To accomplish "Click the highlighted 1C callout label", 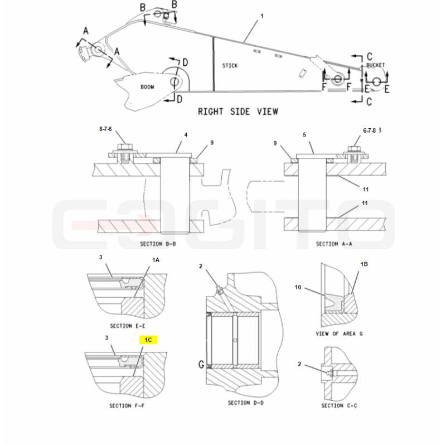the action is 148,340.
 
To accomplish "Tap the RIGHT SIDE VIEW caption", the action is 238,111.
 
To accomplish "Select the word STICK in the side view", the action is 230,66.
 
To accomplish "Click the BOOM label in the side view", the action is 147,87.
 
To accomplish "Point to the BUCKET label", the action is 375,65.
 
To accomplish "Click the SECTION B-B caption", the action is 158,244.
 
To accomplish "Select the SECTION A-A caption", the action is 334,244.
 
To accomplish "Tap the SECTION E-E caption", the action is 128,326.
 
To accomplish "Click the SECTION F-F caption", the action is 127,406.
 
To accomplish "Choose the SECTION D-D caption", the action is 246,403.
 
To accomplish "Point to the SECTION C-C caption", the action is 339,406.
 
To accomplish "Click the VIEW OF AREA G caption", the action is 340,333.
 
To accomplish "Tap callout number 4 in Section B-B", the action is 186,134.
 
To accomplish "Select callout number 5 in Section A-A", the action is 304,134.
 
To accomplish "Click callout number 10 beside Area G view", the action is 298,287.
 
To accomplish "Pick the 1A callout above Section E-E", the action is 156,260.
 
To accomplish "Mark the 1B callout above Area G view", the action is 364,264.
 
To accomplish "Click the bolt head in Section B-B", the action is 125,147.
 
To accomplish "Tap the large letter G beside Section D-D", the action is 201,364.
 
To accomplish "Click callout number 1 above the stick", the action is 262,16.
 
